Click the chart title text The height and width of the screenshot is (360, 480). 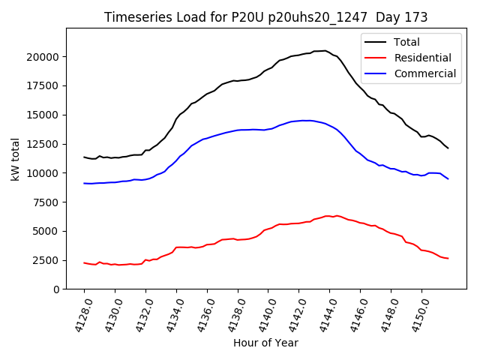click(265, 17)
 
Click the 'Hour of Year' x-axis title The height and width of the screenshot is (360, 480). click(265, 343)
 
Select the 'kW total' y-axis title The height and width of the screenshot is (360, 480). click(15, 158)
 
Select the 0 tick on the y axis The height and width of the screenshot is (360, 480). click(57, 289)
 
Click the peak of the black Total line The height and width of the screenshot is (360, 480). click(325, 50)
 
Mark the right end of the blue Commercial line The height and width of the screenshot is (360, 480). click(448, 178)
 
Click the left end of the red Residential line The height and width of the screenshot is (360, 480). click(84, 262)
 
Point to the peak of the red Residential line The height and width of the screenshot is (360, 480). click(327, 215)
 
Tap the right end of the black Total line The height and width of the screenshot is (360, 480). click(448, 148)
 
